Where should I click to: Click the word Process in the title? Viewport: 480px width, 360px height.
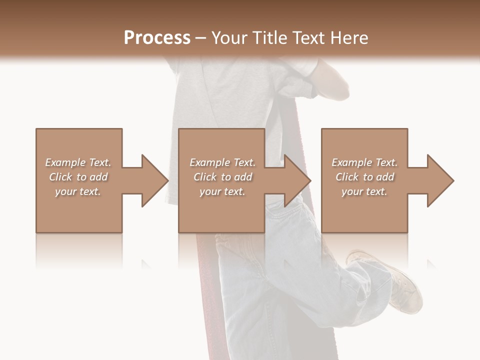[157, 38]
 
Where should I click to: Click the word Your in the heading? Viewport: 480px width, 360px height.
[229, 38]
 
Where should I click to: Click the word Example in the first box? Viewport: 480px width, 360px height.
[65, 162]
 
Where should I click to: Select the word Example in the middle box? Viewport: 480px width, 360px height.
[209, 162]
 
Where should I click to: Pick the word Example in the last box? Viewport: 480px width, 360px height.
[351, 162]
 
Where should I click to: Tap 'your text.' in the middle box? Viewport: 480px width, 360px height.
[222, 191]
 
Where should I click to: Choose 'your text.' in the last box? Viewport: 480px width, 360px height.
[364, 191]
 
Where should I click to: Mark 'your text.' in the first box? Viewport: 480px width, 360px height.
[77, 191]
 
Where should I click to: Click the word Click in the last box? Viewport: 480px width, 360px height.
[347, 177]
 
